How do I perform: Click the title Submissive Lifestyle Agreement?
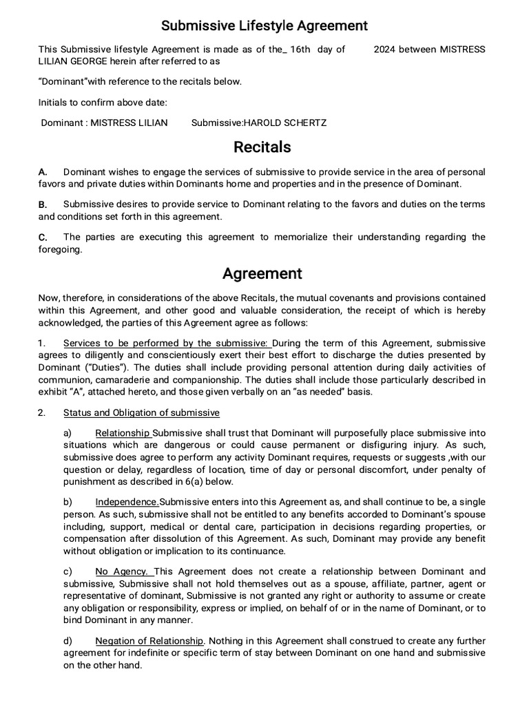coord(264,26)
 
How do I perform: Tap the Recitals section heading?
coord(262,147)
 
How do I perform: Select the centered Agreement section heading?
coord(262,273)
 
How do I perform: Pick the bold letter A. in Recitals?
coord(43,171)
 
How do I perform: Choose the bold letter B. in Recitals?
coord(43,204)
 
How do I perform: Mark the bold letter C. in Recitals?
coord(43,238)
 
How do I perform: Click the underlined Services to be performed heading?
coord(167,343)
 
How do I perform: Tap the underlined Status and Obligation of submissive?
coord(141,413)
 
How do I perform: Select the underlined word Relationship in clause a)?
coord(123,433)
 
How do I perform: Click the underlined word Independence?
coord(127,502)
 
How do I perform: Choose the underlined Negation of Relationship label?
coord(149,640)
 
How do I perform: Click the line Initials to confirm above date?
coord(103,103)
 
